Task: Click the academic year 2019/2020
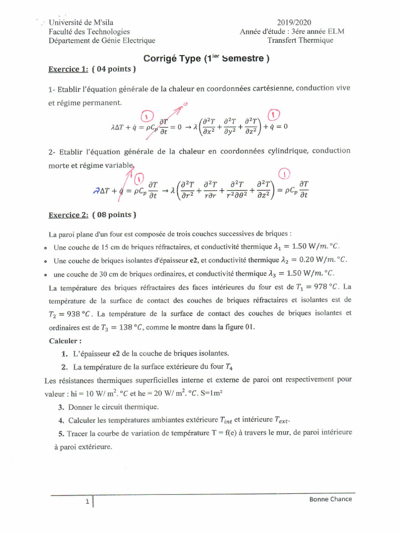pyautogui.click(x=294, y=22)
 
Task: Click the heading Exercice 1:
pyautogui.click(x=68, y=68)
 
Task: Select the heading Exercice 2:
pyautogui.click(x=68, y=214)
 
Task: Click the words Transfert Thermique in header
pyautogui.click(x=301, y=40)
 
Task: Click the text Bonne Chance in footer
pyautogui.click(x=330, y=499)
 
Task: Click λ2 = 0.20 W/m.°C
pyautogui.click(x=311, y=259)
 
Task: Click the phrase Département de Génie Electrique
pyautogui.click(x=102, y=40)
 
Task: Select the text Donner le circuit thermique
pyautogui.click(x=114, y=407)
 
